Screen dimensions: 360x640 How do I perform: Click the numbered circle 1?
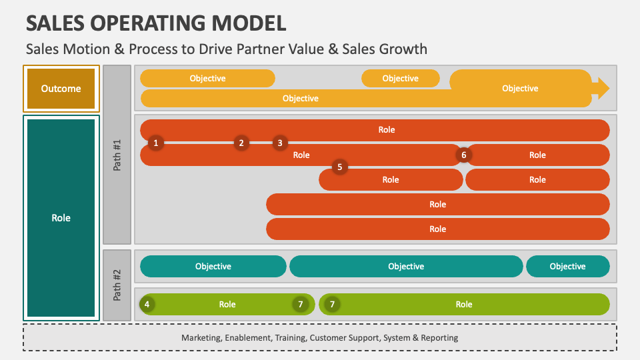click(x=155, y=143)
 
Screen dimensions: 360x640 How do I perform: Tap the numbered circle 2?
click(x=241, y=143)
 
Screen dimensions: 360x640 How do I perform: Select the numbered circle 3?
click(x=280, y=143)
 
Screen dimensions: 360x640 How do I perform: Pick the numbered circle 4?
click(x=147, y=305)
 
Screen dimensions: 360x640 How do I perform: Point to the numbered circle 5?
click(x=339, y=167)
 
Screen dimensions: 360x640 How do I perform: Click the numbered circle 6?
click(x=464, y=155)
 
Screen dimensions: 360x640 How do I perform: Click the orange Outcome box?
click(x=61, y=89)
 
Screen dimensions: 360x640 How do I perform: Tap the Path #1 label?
click(x=117, y=155)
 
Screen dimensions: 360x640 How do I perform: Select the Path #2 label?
click(x=117, y=285)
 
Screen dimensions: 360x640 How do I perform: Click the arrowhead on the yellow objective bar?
click(x=601, y=88)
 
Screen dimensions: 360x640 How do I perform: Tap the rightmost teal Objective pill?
click(x=567, y=267)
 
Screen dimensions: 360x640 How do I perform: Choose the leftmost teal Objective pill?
click(x=213, y=267)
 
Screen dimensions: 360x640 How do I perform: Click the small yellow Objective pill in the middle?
click(x=400, y=79)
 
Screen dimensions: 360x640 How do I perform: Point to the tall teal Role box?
click(x=61, y=218)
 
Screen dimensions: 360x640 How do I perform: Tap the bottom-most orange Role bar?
click(x=437, y=229)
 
